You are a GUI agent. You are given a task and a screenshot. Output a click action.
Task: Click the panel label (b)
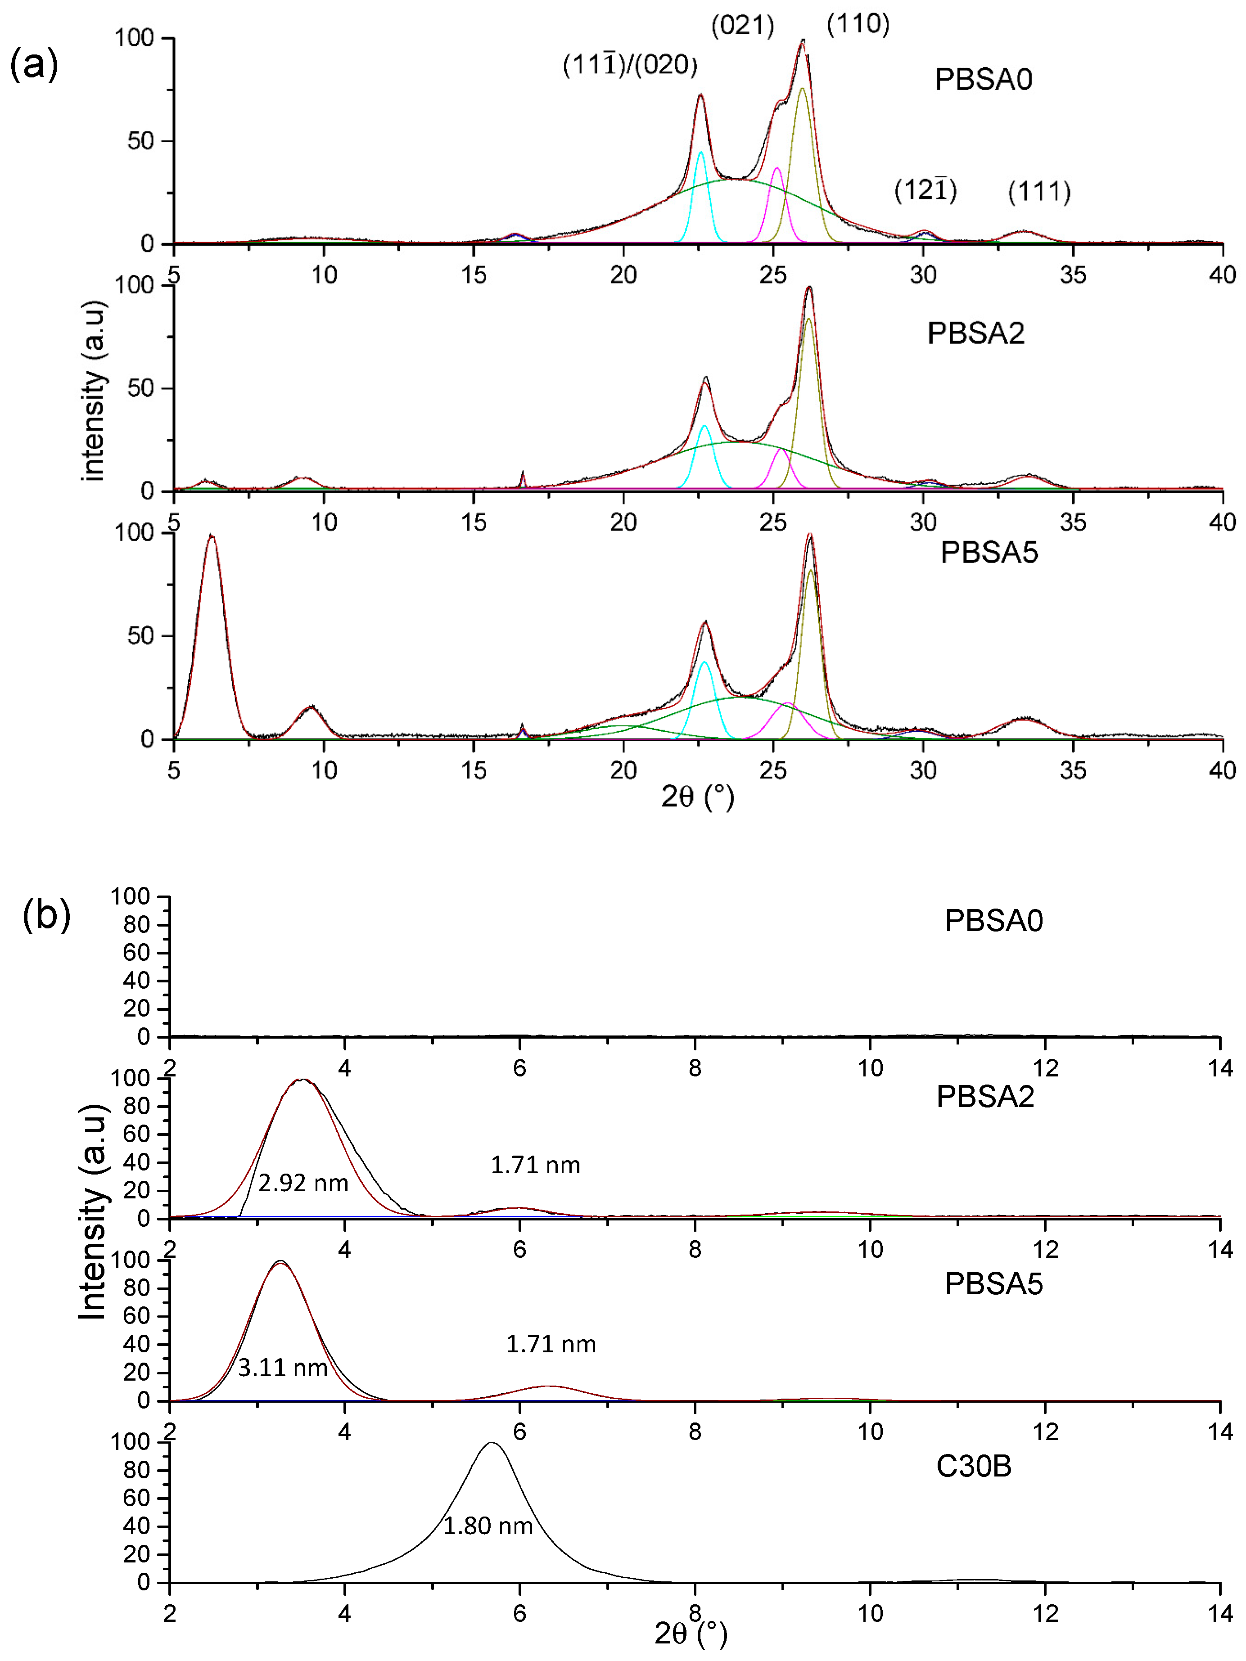46,914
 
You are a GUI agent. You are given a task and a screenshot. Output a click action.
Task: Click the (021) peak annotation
742,26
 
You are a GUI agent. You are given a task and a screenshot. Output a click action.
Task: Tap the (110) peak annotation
858,24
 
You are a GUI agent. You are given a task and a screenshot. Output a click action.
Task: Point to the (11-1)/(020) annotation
629,65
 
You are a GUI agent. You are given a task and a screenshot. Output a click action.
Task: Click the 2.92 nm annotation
302,1184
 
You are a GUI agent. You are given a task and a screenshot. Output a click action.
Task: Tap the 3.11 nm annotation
282,1368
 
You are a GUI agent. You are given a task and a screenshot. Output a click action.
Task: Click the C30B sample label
973,1466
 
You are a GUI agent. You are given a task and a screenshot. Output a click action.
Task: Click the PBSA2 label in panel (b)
984,1097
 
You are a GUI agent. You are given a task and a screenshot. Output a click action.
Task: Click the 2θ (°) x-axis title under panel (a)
697,796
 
